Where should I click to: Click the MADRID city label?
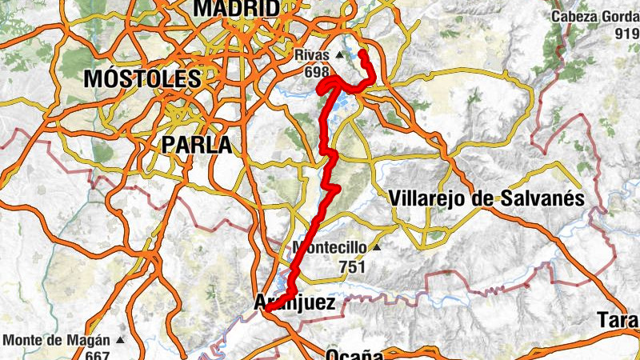pos(237,8)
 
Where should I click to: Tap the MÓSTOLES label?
pos(142,79)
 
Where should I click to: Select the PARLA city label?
pos(196,145)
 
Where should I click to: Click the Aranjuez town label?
pos(294,302)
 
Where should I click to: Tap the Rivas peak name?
pos(312,55)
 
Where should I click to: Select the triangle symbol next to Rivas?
pos(339,55)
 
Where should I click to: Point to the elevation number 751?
pos(352,265)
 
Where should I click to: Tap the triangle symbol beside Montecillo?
pos(376,246)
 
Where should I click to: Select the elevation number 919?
pos(626,34)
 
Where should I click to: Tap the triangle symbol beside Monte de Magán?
pos(120,339)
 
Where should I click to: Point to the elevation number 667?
pos(97,355)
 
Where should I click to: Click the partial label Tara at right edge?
pos(617,322)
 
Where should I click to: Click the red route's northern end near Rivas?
pos(362,53)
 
